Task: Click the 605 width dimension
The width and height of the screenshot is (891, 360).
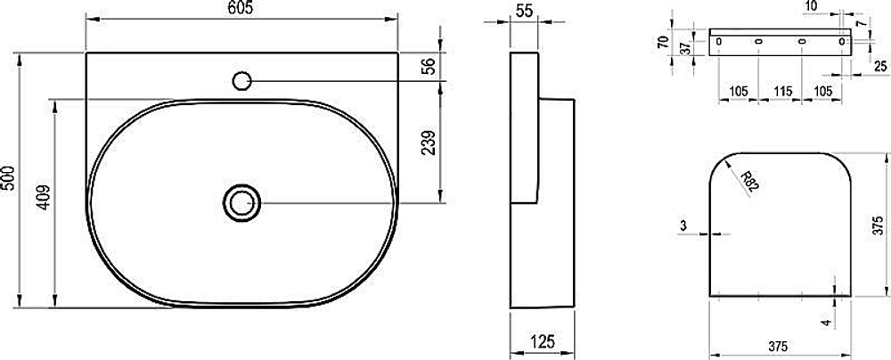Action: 242,9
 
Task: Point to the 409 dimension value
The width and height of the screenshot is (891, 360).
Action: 45,197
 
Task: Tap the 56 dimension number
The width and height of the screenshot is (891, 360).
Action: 429,66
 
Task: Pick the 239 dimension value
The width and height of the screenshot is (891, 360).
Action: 430,143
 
